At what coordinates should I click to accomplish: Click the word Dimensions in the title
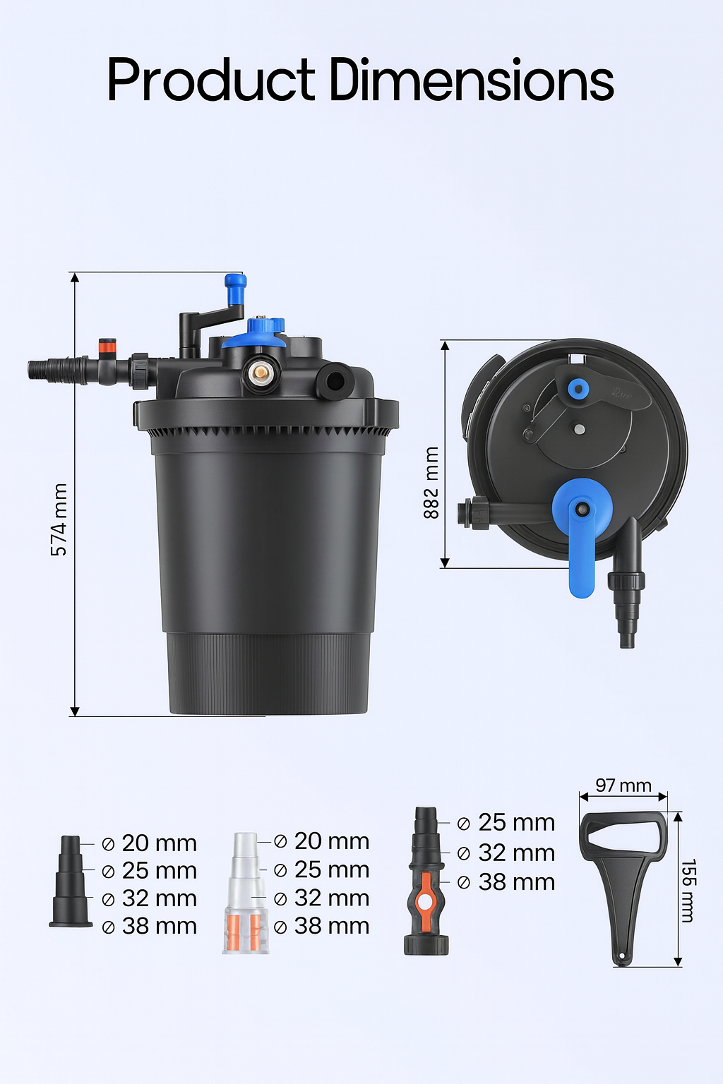point(472,80)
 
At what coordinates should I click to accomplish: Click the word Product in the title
point(210,80)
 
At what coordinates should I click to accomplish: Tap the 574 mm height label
point(59,519)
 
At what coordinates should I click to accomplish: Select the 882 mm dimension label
point(431,483)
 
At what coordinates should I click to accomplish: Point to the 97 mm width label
point(623,785)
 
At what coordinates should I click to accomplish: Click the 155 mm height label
point(688,891)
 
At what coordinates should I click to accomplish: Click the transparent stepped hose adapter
point(245,893)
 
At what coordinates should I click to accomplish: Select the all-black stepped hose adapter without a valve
point(71,882)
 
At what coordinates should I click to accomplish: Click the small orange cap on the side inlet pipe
point(107,346)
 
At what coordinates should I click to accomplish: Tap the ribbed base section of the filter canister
point(268,674)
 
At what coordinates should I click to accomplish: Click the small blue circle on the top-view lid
point(578,388)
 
